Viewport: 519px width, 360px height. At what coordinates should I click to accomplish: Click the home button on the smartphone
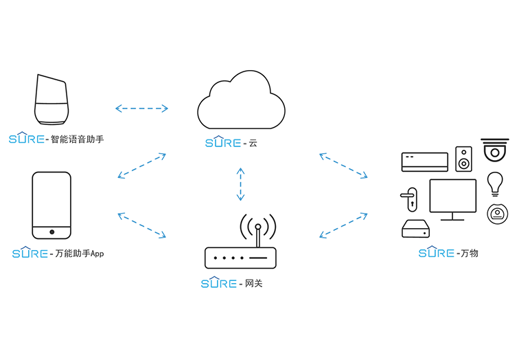(x=51, y=229)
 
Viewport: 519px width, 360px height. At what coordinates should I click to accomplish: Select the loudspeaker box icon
(x=465, y=159)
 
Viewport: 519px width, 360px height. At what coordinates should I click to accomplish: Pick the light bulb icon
(x=495, y=183)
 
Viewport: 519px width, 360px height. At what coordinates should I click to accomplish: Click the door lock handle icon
(x=409, y=201)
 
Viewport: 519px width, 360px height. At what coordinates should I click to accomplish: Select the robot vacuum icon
(x=496, y=214)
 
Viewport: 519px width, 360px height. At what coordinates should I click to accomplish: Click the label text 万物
(x=470, y=254)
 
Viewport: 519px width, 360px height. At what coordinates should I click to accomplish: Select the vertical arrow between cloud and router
(x=240, y=183)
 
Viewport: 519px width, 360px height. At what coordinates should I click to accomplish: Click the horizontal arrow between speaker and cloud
(x=142, y=108)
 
